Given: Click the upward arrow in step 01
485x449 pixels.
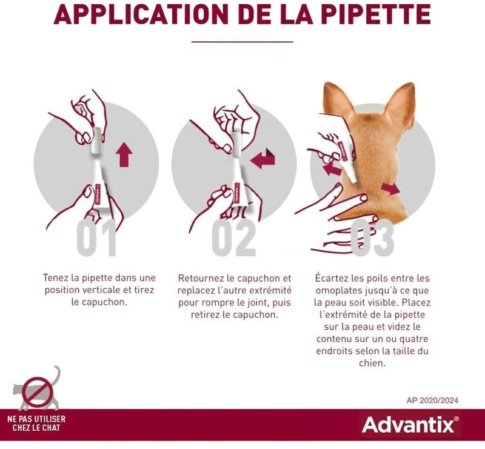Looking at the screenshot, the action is pyautogui.click(x=124, y=155).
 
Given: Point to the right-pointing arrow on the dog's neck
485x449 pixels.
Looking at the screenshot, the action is pyautogui.click(x=390, y=188).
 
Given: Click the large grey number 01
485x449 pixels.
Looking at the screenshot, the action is pyautogui.click(x=96, y=238).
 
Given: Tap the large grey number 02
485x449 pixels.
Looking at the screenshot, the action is pyautogui.click(x=234, y=238).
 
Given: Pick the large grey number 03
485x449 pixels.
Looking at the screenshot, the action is pyautogui.click(x=372, y=238).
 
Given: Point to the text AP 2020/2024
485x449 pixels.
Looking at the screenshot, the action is pyautogui.click(x=432, y=400).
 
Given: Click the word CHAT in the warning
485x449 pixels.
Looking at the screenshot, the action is pyautogui.click(x=51, y=428).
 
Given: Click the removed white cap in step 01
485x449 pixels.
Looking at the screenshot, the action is pyautogui.click(x=97, y=141).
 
